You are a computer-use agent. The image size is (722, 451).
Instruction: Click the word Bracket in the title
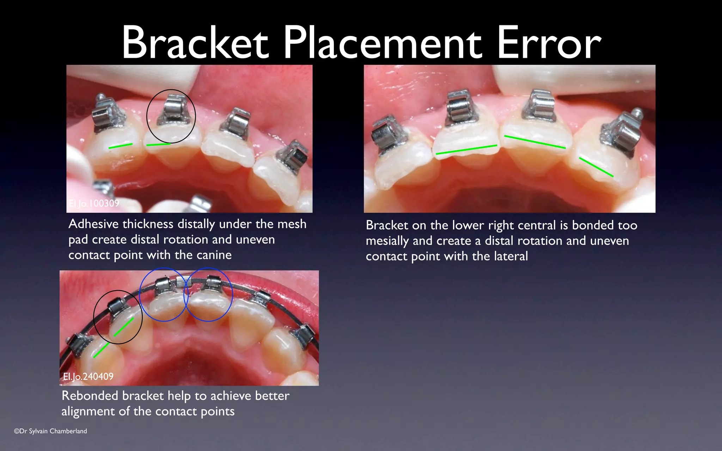(195, 44)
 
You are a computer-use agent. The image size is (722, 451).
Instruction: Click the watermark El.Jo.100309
(94, 203)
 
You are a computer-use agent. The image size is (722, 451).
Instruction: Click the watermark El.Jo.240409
(88, 377)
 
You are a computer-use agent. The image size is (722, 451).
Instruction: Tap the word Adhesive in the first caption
(94, 224)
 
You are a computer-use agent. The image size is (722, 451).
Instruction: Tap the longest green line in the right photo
(466, 149)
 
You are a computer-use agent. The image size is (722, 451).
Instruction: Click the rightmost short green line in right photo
(596, 167)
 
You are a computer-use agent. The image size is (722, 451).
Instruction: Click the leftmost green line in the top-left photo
(121, 146)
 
